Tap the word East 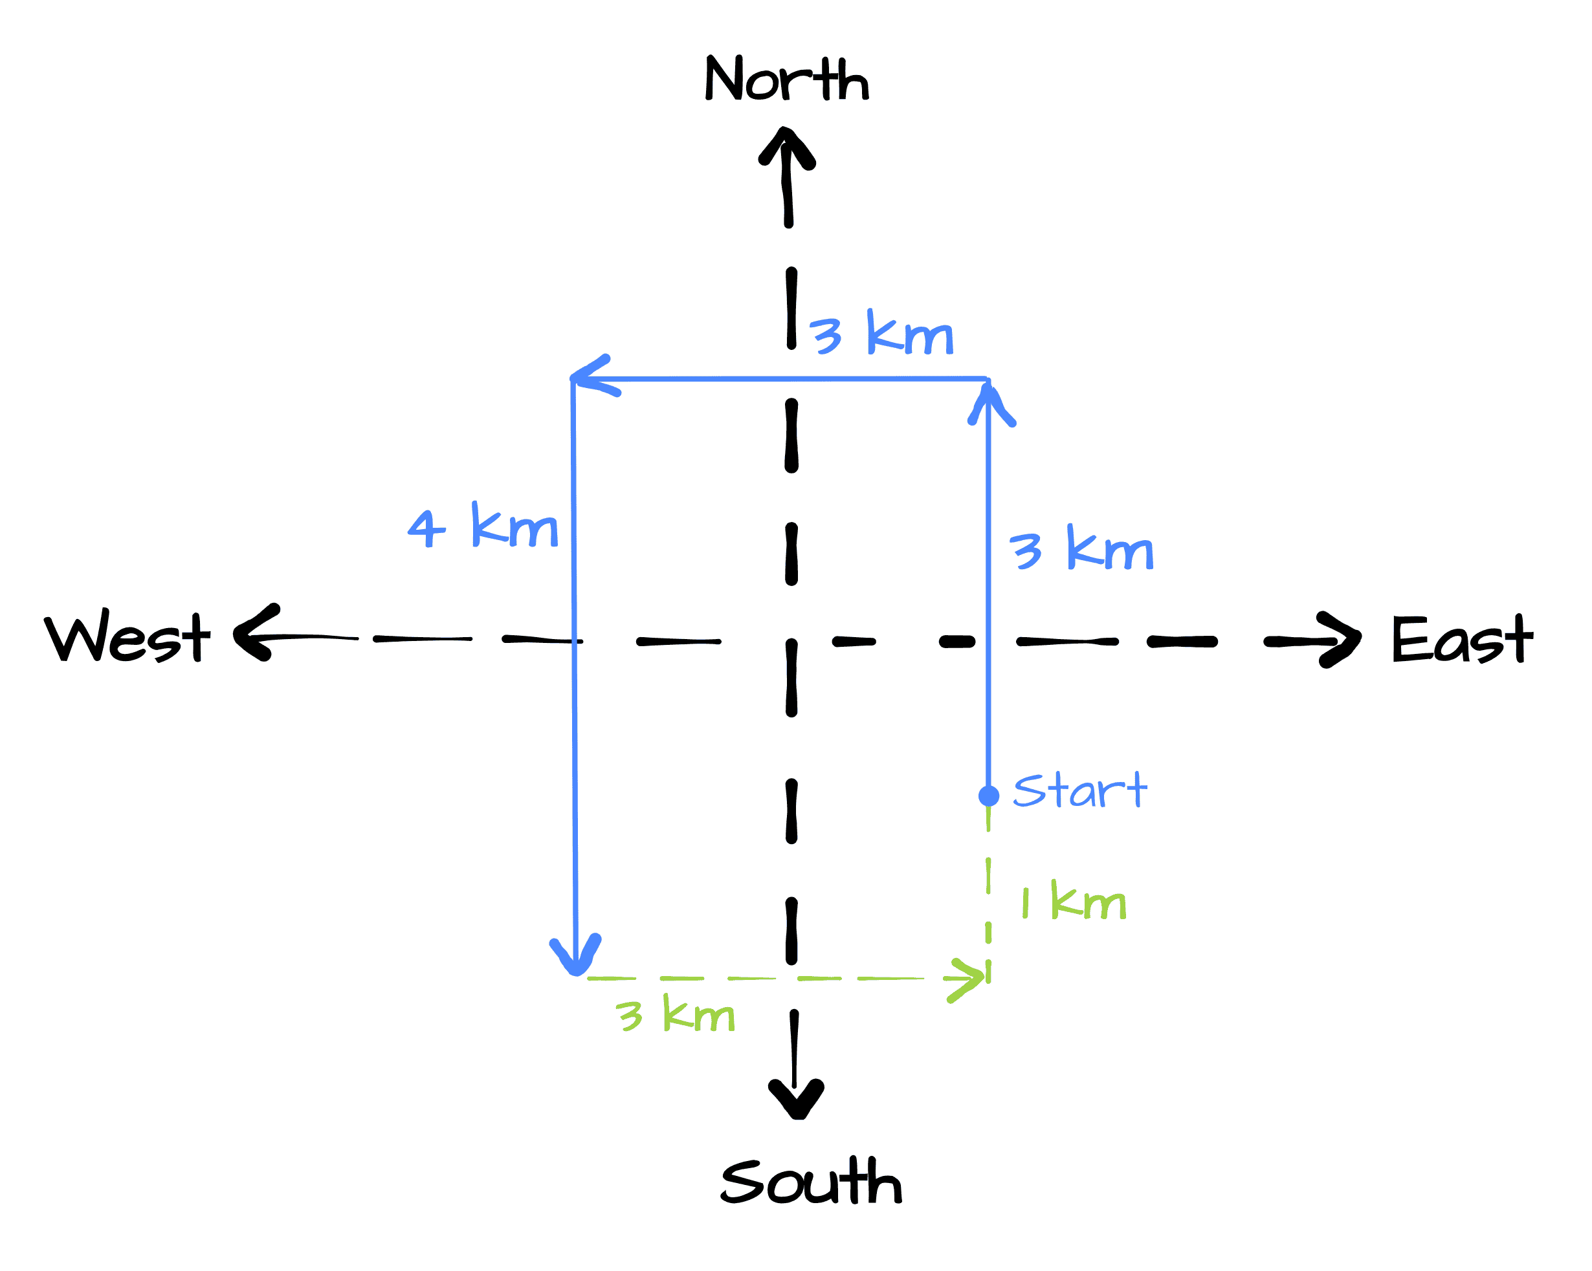point(1462,639)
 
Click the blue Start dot point(989,796)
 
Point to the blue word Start point(1079,790)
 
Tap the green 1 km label point(1074,901)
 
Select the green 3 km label point(675,1014)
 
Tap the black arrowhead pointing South point(796,1098)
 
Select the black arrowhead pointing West point(255,633)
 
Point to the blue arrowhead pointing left point(591,377)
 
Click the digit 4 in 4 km point(426,528)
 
